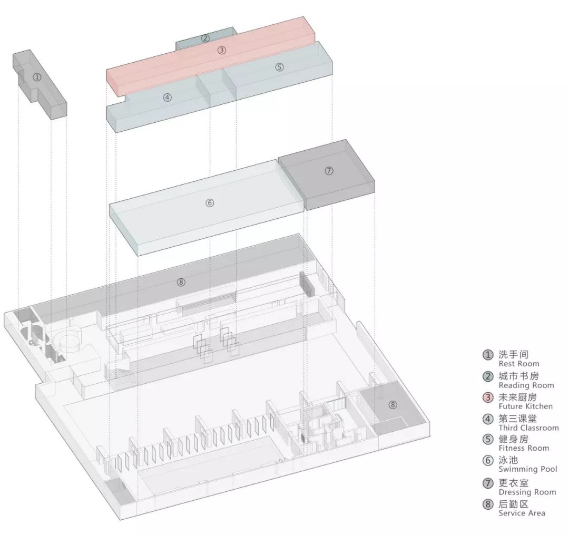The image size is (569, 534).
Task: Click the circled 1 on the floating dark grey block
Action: (36, 77)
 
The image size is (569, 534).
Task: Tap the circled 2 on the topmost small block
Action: (205, 38)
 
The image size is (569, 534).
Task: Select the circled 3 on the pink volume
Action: (222, 50)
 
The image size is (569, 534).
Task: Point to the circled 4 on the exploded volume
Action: (167, 97)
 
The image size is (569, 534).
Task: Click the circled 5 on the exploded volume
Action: (279, 67)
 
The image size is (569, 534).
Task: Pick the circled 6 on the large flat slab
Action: (209, 202)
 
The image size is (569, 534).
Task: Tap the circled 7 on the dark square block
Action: (329, 170)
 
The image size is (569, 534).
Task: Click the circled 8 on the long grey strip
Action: (181, 282)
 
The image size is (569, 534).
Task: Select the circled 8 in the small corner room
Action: (393, 405)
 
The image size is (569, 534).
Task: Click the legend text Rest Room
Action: (519, 364)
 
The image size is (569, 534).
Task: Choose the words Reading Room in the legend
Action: (526, 385)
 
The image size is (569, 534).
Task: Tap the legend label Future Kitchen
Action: (526, 406)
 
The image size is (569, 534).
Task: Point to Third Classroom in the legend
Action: (528, 428)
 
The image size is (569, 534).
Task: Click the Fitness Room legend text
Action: (524, 448)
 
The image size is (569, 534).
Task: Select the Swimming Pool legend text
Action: (527, 469)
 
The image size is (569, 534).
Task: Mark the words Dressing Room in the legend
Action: (527, 492)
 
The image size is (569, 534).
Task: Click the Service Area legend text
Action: (522, 513)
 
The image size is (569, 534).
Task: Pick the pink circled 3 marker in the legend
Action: (488, 397)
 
